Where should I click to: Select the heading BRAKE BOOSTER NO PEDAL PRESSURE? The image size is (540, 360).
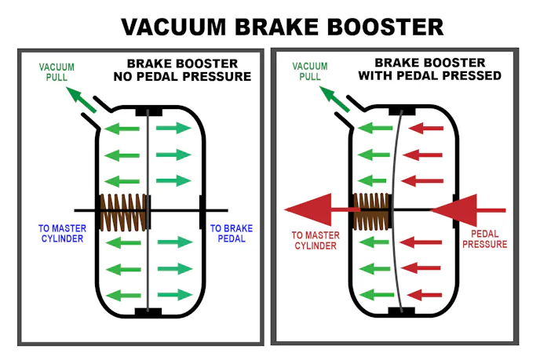point(189,70)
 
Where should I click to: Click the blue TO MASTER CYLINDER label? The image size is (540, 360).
point(60,234)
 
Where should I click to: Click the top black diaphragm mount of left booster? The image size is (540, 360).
point(148,111)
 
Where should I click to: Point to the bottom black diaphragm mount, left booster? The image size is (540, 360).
point(148,313)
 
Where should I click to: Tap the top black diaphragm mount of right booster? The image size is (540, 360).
point(402,111)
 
